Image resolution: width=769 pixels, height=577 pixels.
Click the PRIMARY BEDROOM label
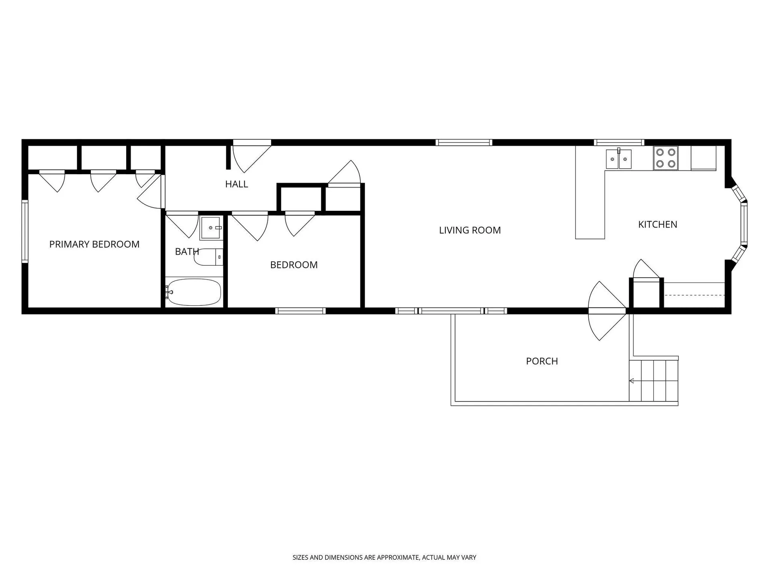(x=94, y=244)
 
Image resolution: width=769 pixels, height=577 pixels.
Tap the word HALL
(x=236, y=184)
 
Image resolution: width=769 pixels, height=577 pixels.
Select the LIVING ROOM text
(x=470, y=230)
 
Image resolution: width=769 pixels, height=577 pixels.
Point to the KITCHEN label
(x=657, y=224)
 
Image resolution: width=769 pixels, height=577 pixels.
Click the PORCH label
(x=542, y=361)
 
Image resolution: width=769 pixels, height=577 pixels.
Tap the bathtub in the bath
(x=194, y=292)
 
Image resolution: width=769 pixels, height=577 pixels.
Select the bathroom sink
(x=211, y=228)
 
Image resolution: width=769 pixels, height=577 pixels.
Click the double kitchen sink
(x=618, y=159)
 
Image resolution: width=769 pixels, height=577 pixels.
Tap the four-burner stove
(x=665, y=158)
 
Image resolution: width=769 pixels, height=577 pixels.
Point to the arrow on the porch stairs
(x=632, y=381)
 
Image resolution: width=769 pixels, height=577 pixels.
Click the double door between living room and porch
(x=607, y=311)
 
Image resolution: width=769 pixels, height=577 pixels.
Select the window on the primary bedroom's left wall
(x=25, y=231)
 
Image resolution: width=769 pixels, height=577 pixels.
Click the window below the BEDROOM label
(x=300, y=311)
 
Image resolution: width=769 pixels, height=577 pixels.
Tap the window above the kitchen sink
(x=619, y=142)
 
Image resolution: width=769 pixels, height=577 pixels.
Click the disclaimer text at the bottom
(x=384, y=557)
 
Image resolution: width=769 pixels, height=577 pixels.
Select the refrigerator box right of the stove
(x=703, y=158)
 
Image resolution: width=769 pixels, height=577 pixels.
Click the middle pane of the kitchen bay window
(x=744, y=224)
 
